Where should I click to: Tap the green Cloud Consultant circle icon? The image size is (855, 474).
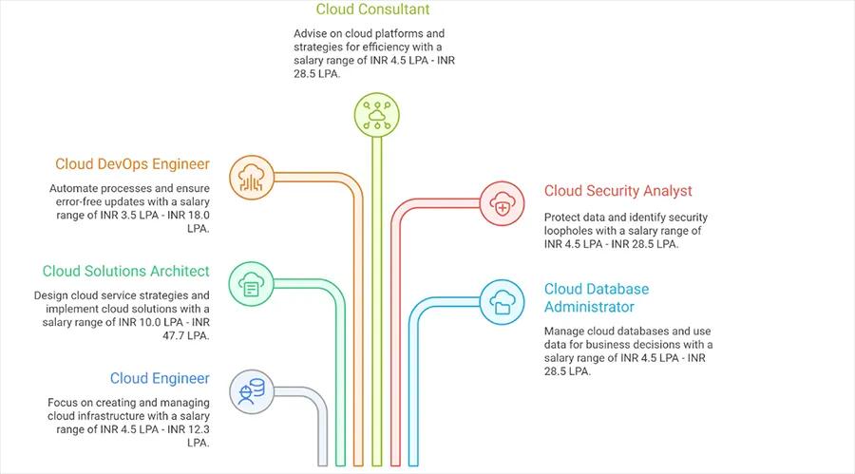376,115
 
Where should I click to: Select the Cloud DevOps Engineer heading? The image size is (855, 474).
132,164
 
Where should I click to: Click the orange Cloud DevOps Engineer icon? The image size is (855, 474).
252,177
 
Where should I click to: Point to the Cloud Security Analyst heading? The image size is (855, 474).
617,191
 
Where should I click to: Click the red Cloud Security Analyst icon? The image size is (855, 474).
502,202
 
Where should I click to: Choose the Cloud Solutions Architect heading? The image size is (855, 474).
125,272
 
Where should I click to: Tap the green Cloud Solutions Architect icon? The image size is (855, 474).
252,284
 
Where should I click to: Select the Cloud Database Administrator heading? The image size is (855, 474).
596,297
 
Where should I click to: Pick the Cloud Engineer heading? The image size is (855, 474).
160,379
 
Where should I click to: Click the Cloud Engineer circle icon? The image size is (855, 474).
252,390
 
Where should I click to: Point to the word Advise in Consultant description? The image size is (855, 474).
312,33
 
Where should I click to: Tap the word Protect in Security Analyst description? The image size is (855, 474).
566,218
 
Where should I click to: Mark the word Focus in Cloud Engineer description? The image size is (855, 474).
65,403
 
